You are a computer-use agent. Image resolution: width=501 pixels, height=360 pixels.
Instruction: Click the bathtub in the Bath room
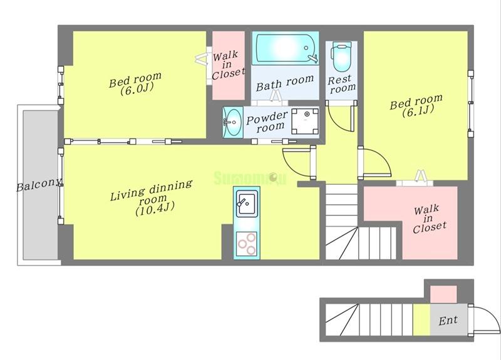(x=286, y=48)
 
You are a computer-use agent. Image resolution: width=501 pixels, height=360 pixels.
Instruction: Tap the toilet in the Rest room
(x=341, y=57)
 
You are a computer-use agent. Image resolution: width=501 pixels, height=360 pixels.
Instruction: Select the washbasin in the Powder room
(x=232, y=122)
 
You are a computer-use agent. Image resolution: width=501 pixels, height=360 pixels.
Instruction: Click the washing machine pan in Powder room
(x=305, y=121)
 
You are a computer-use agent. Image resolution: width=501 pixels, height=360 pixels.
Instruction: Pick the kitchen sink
(x=246, y=203)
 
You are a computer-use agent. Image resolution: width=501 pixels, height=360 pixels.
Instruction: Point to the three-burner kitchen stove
(x=246, y=244)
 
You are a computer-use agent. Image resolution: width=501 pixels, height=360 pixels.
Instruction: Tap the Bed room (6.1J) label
(x=416, y=106)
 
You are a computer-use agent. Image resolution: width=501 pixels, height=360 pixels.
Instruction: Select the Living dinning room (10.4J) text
(x=152, y=198)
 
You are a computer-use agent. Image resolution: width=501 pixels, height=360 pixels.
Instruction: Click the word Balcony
(x=39, y=185)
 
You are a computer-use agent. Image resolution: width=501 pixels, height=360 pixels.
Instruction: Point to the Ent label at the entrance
(x=448, y=321)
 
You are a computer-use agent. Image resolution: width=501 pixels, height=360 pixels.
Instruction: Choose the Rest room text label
(x=341, y=85)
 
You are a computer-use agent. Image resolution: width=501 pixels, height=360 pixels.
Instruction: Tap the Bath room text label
(x=285, y=83)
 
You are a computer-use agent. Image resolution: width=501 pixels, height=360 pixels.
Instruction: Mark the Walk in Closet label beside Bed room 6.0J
(x=228, y=65)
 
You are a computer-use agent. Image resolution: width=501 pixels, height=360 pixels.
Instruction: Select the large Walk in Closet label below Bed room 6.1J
(x=428, y=220)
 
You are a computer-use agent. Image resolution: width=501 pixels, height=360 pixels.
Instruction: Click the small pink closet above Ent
(x=443, y=294)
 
